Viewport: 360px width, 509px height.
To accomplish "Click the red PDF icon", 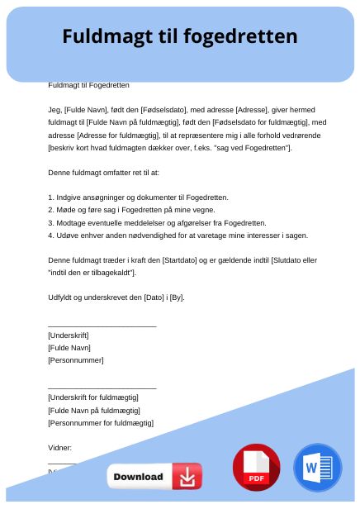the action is (256, 468).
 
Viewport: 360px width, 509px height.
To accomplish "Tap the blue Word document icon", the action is (317, 468).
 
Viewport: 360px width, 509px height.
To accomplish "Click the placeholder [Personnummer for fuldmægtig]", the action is (101, 423).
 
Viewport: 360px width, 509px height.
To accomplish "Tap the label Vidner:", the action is (60, 447).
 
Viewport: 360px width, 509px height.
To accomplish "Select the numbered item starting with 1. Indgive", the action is (138, 197).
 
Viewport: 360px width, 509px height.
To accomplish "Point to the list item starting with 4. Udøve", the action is (178, 235).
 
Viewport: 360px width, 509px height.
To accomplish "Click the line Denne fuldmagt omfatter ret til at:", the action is (103, 172).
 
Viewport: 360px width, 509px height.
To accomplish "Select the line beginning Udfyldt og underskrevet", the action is (116, 297).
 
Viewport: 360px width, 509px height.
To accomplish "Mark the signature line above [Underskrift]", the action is (102, 326).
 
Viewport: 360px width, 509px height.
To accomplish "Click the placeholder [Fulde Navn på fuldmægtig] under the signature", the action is (94, 410).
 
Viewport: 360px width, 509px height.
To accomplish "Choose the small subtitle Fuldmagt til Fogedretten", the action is (88, 84).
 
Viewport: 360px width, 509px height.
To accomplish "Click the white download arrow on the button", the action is (188, 477).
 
